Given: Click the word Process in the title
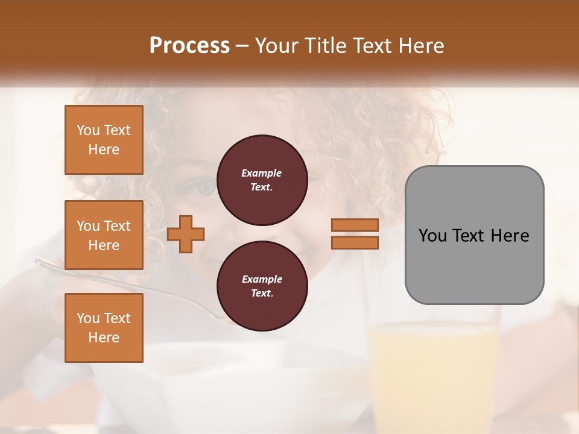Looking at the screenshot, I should [189, 46].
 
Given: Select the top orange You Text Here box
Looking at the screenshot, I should [104, 140].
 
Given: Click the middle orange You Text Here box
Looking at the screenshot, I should [104, 235].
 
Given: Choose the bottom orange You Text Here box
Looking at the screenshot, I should [104, 328].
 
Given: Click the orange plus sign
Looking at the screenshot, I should [186, 234].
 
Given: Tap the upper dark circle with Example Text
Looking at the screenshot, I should [262, 180].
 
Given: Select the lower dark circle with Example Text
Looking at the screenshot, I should [262, 286].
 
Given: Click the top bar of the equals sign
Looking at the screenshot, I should [355, 225].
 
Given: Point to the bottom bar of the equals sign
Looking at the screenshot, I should [355, 242].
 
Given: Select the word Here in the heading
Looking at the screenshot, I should [420, 46].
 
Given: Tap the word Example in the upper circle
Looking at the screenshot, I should [262, 173].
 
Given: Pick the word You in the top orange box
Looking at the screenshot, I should [88, 130].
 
